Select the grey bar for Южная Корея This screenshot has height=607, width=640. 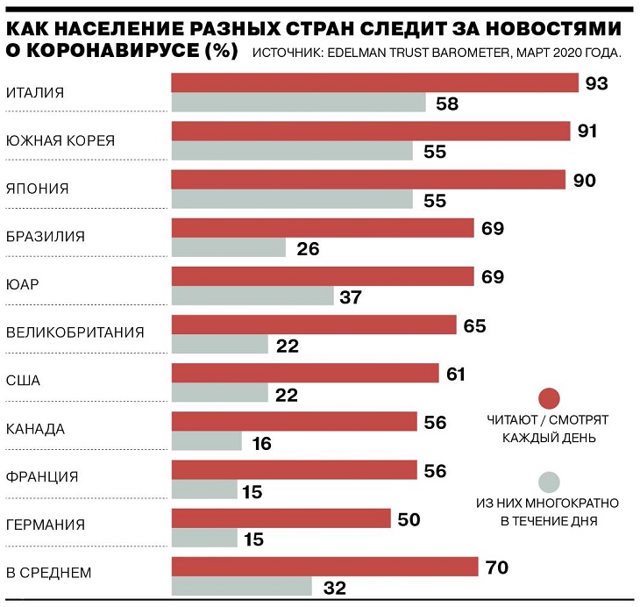[291, 151]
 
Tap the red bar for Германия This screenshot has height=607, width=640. [281, 518]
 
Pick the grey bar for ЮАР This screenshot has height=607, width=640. [252, 296]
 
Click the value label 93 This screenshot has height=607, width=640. [596, 83]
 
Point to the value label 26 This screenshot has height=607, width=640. [308, 248]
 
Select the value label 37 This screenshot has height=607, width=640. [351, 297]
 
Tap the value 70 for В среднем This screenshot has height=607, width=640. [496, 567]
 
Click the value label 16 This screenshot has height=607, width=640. [261, 443]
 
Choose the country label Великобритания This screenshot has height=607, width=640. [75, 333]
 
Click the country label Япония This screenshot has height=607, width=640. [37, 188]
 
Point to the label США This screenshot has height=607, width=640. [23, 382]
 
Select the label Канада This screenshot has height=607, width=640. [35, 430]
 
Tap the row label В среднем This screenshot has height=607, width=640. [48, 574]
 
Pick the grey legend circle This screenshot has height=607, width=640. [549, 481]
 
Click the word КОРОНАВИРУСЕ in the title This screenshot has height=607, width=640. [124, 50]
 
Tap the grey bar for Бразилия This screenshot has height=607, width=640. [228, 248]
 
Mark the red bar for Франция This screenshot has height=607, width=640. [294, 470]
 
